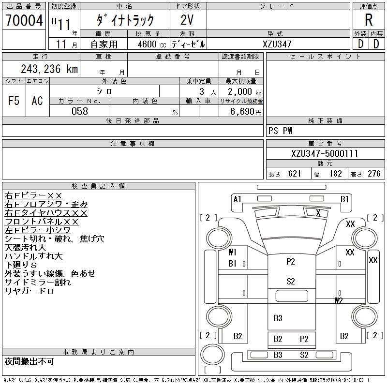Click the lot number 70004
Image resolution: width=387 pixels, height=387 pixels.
[x=24, y=21]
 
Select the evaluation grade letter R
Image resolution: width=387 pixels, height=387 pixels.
[x=369, y=21]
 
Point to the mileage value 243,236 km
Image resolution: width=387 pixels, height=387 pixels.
[x=49, y=69]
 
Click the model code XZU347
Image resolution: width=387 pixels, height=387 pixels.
[x=277, y=44]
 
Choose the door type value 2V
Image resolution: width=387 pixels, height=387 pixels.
[x=188, y=20]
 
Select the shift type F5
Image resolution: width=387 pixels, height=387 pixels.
[x=14, y=101]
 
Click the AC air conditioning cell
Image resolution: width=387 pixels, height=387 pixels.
[x=37, y=101]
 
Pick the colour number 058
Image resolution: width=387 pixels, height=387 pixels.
[x=80, y=111]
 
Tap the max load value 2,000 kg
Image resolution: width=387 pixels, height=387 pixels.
[x=241, y=91]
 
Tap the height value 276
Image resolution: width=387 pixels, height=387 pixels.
[x=371, y=174]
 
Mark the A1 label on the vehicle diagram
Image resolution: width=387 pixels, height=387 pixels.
[x=237, y=199]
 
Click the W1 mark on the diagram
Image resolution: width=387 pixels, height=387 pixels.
[x=232, y=252]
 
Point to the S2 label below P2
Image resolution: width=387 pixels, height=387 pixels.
[x=291, y=281]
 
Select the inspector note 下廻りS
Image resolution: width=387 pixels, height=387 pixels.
[x=20, y=265]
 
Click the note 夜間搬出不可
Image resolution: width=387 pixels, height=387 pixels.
[x=29, y=361]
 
